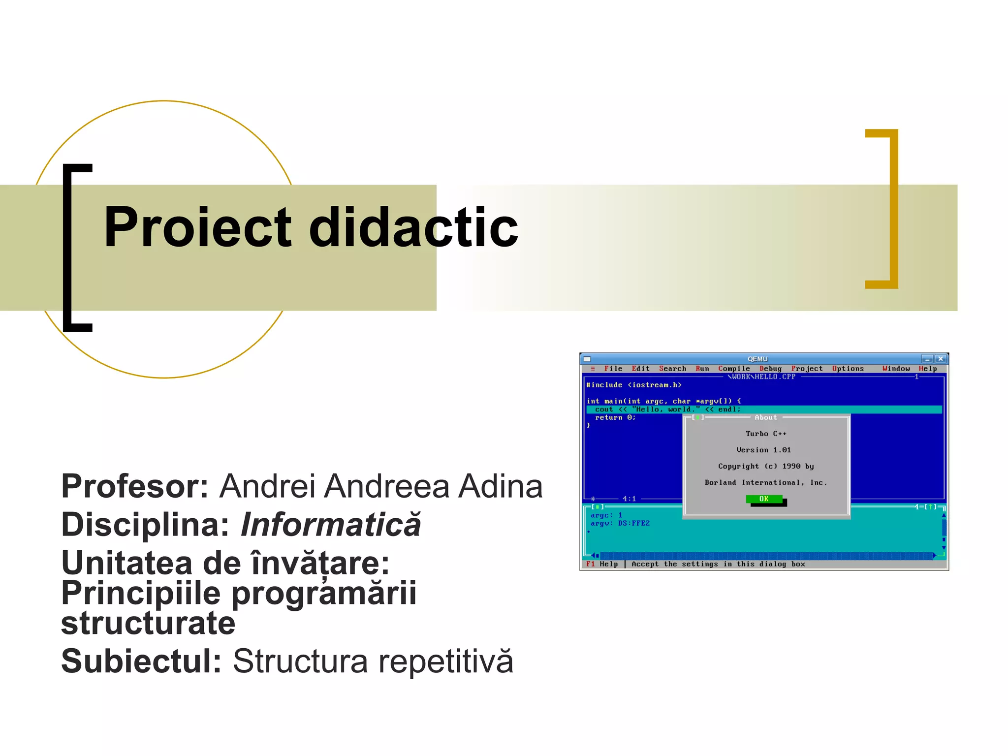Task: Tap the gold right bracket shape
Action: [892, 209]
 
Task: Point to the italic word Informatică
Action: [331, 525]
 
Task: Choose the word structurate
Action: [148, 623]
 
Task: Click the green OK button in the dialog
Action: [764, 499]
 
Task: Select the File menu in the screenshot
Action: [613, 369]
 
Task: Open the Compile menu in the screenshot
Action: [734, 369]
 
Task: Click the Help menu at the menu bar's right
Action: [927, 369]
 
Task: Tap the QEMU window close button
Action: [940, 359]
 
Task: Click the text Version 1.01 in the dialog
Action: [763, 450]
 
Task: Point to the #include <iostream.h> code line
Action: [634, 385]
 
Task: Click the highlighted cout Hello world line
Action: [667, 409]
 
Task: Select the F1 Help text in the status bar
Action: [602, 564]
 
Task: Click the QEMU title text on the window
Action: [757, 359]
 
